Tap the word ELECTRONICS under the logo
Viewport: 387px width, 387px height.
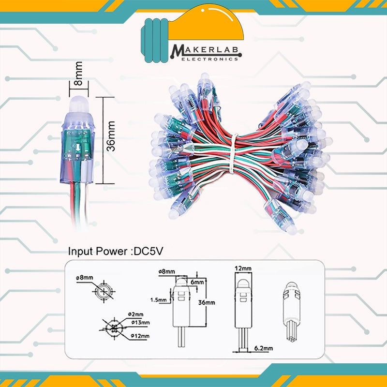[x=210, y=59]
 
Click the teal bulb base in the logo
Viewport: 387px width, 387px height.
[x=155, y=40]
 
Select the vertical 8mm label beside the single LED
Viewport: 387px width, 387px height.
[x=79, y=74]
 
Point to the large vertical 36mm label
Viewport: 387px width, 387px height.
[x=111, y=136]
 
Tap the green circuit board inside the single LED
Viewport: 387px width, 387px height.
[x=77, y=145]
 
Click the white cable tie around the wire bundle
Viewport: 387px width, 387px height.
[x=233, y=153]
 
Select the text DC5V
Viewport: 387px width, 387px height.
[x=148, y=252]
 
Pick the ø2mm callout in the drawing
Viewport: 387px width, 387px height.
[x=136, y=314]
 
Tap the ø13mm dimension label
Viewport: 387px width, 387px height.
[x=140, y=323]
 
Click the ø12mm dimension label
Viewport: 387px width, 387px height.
[x=140, y=336]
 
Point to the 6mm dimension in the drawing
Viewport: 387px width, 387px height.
[x=197, y=282]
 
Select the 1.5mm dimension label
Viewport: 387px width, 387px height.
[x=159, y=300]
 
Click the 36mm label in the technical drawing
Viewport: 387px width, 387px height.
[x=207, y=302]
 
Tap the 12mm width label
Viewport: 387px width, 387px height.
[x=243, y=268]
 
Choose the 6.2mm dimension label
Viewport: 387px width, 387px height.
[x=264, y=348]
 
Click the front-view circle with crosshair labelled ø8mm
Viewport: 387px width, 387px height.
[x=104, y=292]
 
